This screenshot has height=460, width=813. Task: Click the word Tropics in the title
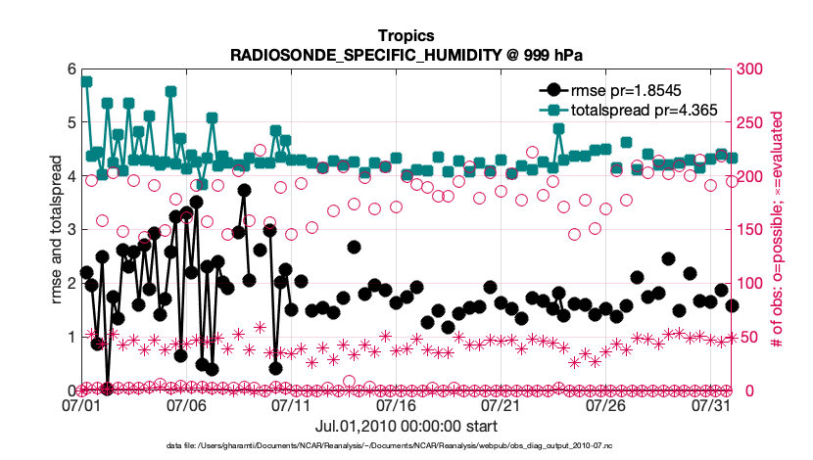406,35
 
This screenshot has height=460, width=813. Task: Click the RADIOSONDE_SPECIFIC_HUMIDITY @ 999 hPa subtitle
406,54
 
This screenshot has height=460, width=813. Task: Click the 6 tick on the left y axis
71,69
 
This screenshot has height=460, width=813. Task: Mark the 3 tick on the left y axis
71,230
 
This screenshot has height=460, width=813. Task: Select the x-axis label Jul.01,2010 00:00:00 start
406,427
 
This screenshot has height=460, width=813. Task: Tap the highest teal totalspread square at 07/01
86,81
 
